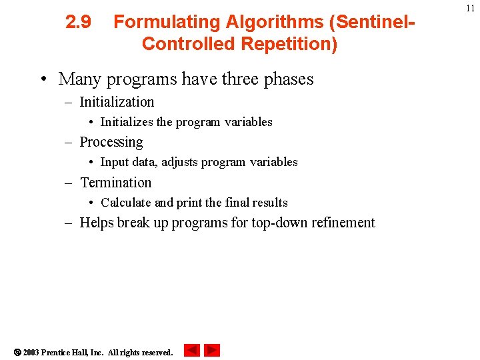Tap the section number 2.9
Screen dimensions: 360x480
click(78, 22)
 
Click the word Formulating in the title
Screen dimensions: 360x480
click(167, 22)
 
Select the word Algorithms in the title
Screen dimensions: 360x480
click(275, 22)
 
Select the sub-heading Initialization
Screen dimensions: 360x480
click(117, 102)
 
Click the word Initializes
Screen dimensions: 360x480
click(126, 122)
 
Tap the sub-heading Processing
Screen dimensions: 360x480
click(111, 142)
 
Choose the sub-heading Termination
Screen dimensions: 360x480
click(115, 183)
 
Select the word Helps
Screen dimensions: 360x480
click(97, 223)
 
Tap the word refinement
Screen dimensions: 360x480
click(344, 223)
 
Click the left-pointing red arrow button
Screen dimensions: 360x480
click(192, 350)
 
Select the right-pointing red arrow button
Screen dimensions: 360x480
click(212, 350)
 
